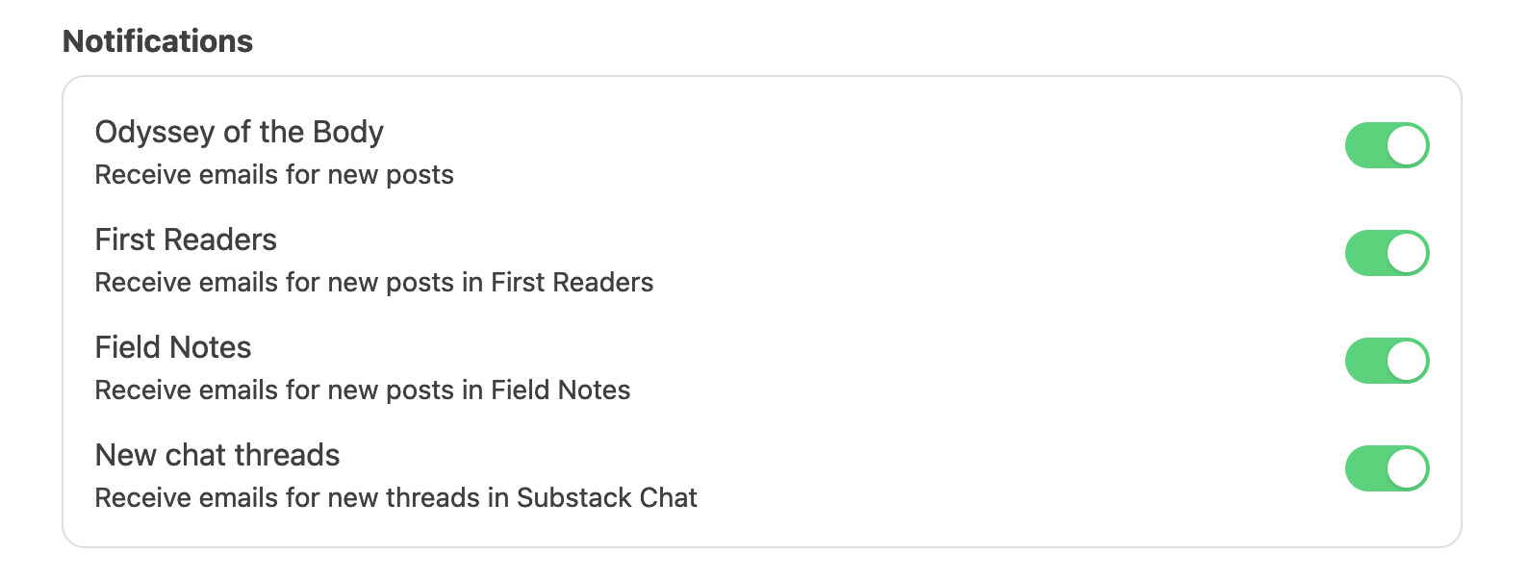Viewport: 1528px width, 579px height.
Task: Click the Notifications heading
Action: (158, 41)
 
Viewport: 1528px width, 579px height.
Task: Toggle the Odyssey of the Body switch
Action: (1387, 145)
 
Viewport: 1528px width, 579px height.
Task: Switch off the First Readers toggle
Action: (1387, 253)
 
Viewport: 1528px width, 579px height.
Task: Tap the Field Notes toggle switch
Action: (1387, 361)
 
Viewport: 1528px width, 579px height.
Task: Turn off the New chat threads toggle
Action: (1387, 468)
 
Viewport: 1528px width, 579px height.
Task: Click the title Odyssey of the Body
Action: (239, 132)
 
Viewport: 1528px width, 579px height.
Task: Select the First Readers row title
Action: (186, 239)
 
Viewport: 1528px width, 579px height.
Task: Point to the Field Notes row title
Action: (173, 347)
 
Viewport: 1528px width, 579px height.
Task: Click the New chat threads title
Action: (217, 455)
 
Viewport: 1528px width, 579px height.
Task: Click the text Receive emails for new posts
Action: (274, 175)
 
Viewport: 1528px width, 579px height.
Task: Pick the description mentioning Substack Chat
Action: (395, 498)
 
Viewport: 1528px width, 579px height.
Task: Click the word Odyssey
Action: (155, 132)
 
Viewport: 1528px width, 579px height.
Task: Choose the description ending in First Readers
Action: (373, 283)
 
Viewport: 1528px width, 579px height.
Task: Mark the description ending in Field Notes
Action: (362, 390)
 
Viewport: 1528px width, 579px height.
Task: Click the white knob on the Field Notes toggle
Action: (1408, 361)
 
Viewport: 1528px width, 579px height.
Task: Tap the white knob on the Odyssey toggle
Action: (1408, 145)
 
